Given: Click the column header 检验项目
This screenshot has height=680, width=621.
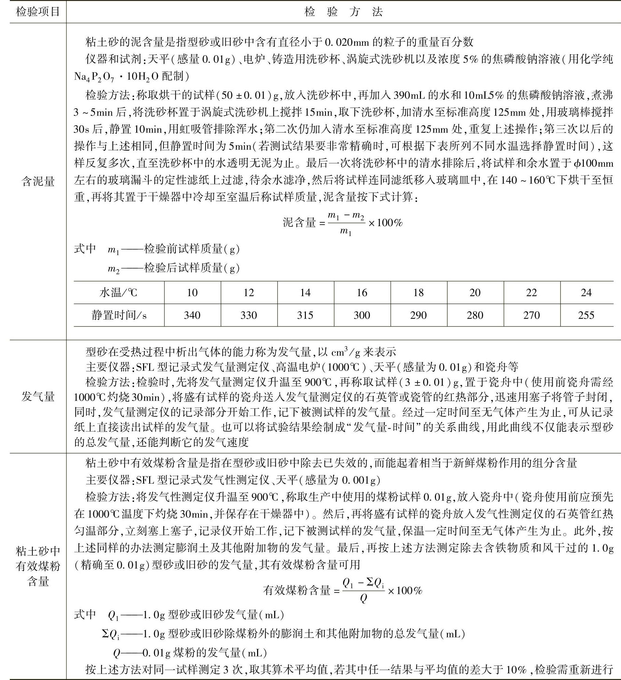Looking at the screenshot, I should tap(38, 12).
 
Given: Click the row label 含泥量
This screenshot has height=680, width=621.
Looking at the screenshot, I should tap(38, 181).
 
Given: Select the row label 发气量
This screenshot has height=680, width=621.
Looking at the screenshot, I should tap(38, 397).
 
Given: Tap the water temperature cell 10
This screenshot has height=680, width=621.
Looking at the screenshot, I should tap(192, 293).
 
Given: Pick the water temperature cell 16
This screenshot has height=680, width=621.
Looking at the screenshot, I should tap(362, 293).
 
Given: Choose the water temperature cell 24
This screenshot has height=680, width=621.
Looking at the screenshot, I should tap(586, 293).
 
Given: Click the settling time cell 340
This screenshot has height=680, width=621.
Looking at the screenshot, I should tap(192, 315).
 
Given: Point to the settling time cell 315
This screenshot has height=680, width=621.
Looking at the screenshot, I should tap(305, 315).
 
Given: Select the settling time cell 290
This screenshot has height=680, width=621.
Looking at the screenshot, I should tap(418, 315).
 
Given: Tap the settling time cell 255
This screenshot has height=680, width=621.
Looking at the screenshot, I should tap(586, 315).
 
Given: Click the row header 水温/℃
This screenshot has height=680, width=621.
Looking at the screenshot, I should tap(118, 293).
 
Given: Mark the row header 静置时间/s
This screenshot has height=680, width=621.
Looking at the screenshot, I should tap(118, 315).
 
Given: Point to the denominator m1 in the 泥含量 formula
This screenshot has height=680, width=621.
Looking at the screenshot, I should tap(345, 232).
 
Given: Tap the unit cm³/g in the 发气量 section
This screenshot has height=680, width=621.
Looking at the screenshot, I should tap(347, 351).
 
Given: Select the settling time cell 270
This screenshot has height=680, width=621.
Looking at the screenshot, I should tap(532, 315).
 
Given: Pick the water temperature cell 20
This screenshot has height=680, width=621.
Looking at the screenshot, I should tap(475, 293).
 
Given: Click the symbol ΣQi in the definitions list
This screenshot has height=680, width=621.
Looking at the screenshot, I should tap(111, 634).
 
